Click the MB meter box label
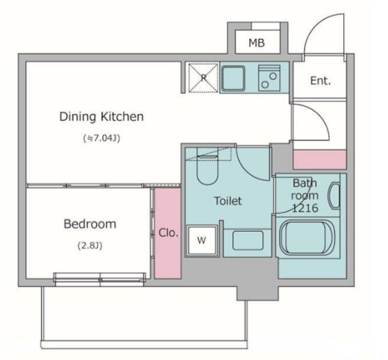tap(256, 43)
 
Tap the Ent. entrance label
tap(320, 81)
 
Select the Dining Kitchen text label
tap(102, 117)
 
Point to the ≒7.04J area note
tap(102, 138)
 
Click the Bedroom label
tap(90, 224)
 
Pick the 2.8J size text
tap(90, 245)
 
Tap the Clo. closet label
tap(168, 232)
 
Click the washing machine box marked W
tap(202, 240)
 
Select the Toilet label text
tap(228, 201)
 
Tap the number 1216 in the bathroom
tap(305, 208)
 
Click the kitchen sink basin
tap(233, 78)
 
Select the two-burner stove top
tap(270, 77)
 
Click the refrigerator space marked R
tap(203, 77)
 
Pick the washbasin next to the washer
tap(248, 240)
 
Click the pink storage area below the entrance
tap(319, 159)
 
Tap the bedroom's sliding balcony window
tap(100, 279)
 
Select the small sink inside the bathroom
tap(334, 196)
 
